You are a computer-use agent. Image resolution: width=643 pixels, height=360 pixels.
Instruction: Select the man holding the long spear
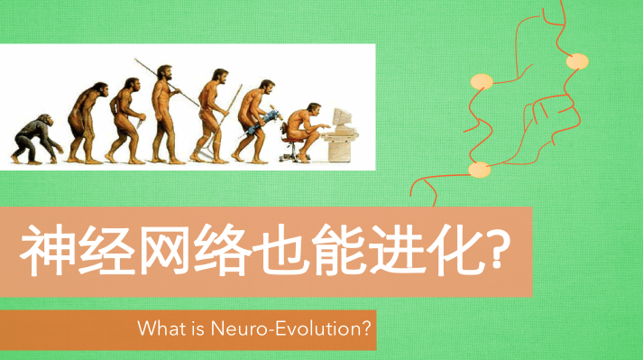[163, 113]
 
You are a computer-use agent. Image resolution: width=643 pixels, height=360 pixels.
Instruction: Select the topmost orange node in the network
[576, 61]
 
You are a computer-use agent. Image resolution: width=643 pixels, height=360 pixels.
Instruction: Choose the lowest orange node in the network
[479, 169]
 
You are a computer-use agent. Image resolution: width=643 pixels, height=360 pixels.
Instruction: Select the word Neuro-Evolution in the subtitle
[289, 329]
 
